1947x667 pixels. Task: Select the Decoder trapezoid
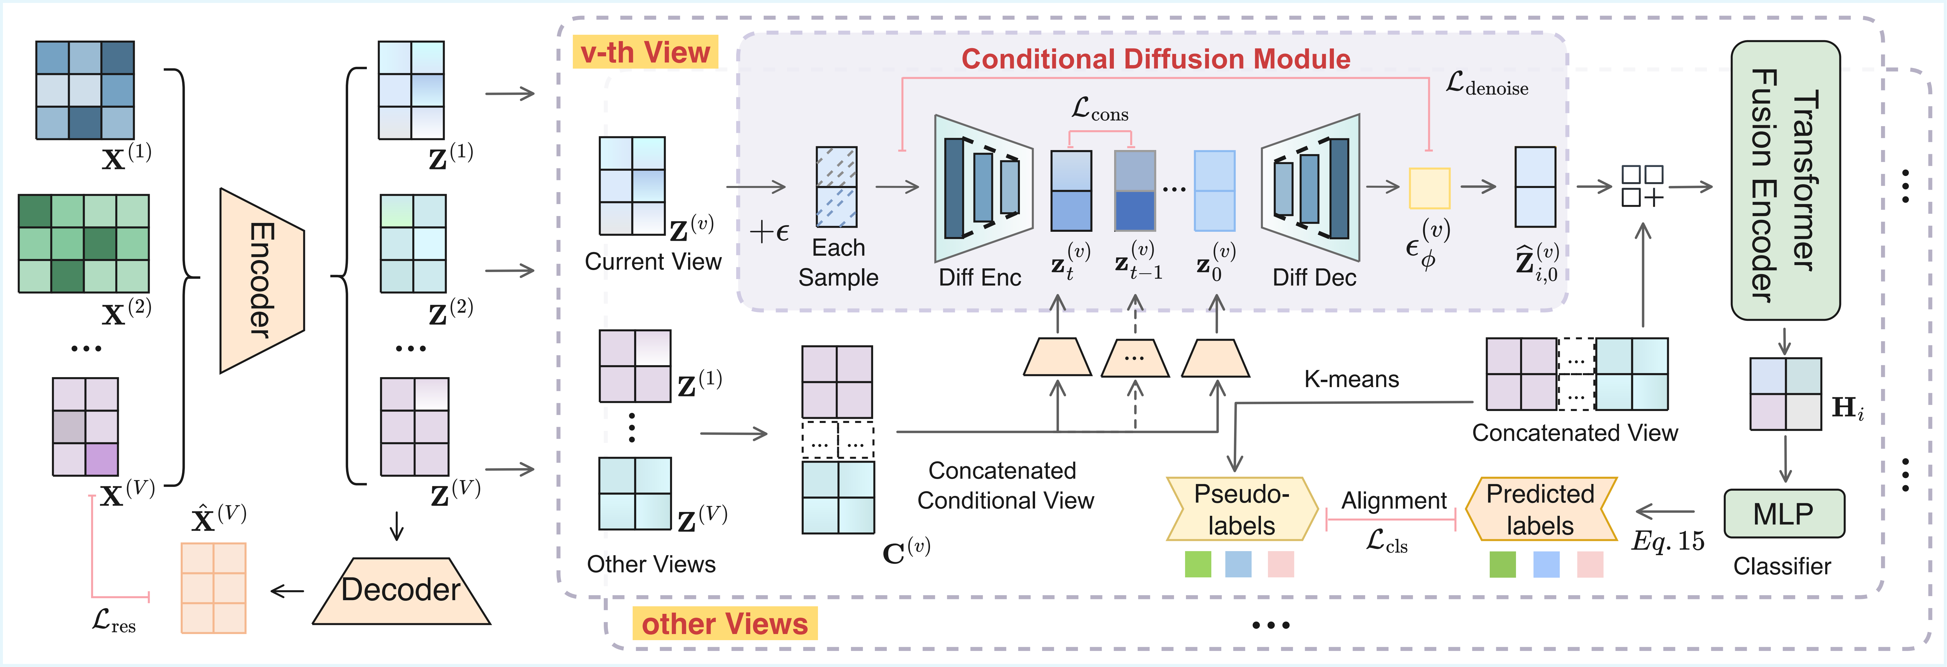tap(401, 591)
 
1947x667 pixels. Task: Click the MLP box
tap(1784, 513)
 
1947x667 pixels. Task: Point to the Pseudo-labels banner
tap(1242, 509)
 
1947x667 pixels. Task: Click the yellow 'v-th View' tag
tap(645, 52)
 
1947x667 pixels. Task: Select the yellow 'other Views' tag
tap(724, 624)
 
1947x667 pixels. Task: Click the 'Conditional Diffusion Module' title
tap(1156, 59)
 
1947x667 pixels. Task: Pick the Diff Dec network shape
tap(1311, 187)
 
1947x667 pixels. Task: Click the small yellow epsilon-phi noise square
tap(1429, 188)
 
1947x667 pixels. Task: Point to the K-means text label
tap(1351, 379)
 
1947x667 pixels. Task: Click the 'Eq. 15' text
tap(1668, 541)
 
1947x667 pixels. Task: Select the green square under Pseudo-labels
tap(1198, 564)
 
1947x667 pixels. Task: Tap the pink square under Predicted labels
tap(1590, 564)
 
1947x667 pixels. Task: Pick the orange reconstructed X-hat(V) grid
tap(214, 588)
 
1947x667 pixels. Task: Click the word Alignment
tap(1394, 501)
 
